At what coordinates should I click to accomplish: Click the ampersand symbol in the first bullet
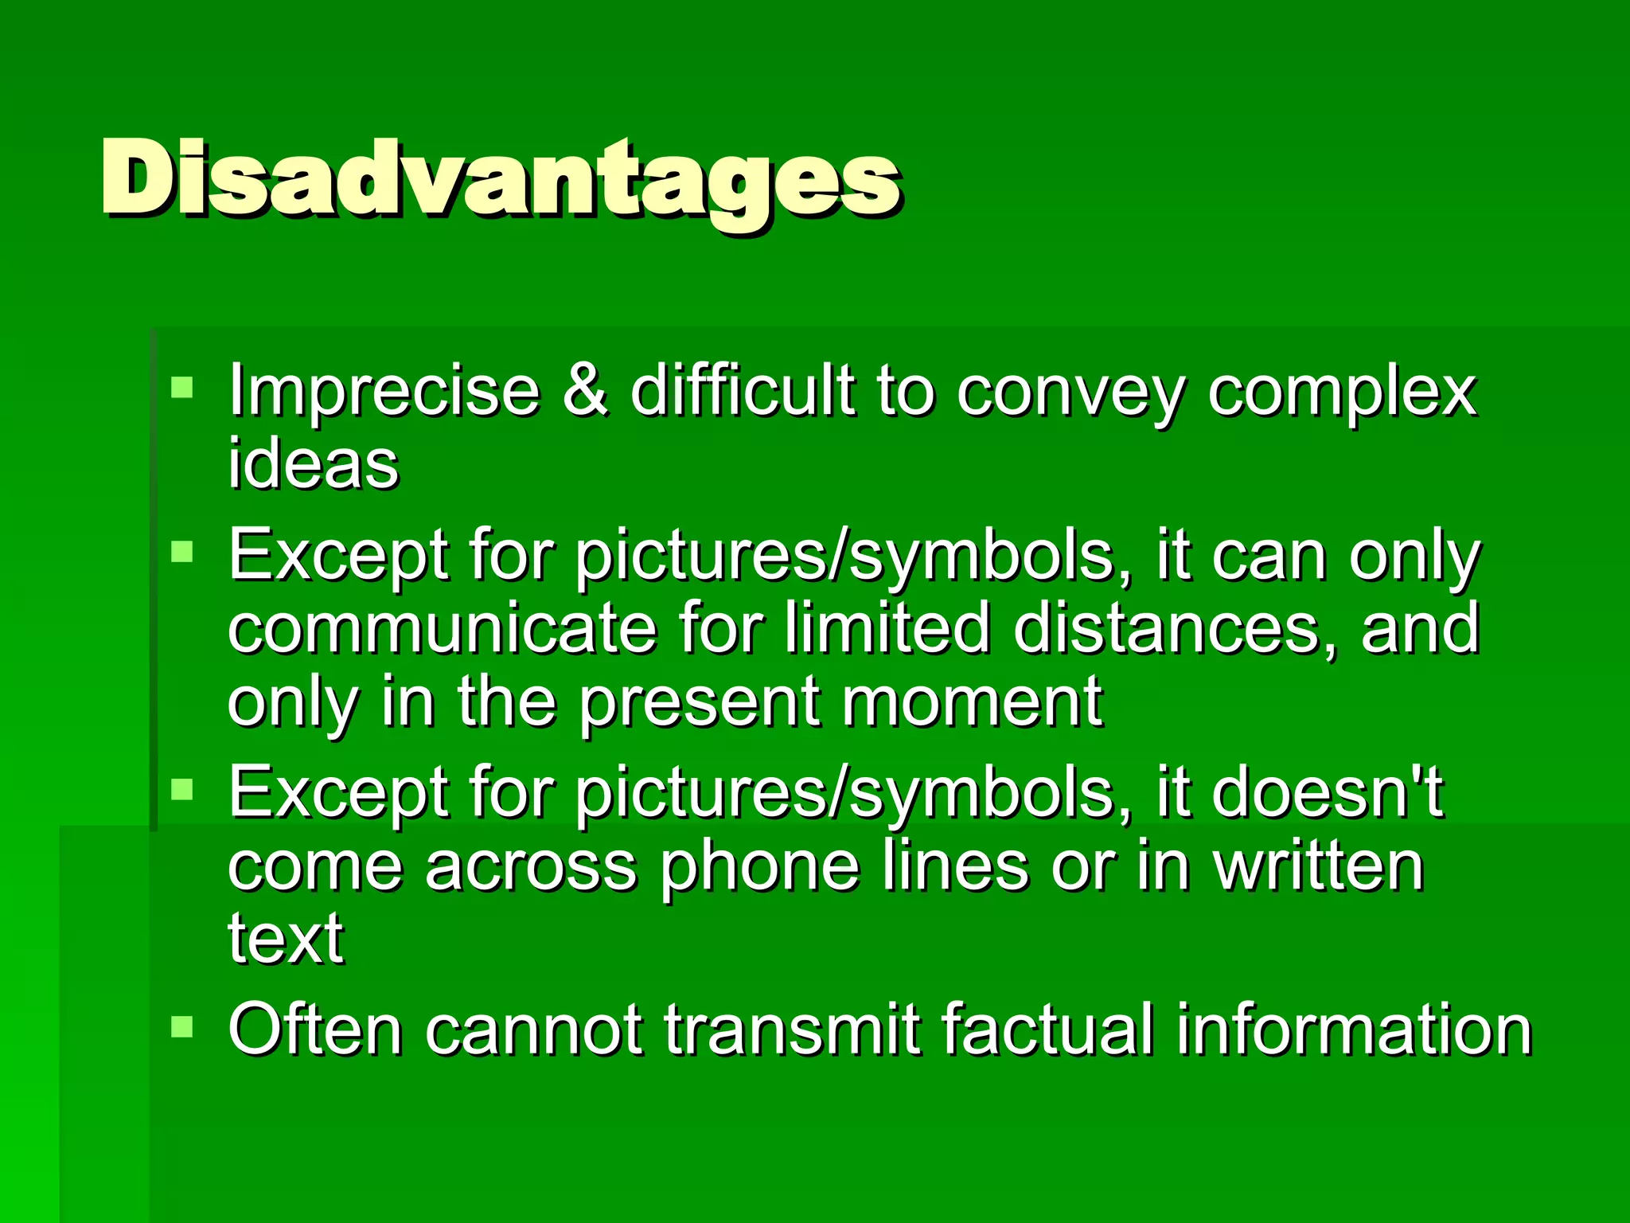586,391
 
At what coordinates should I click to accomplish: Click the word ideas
313,463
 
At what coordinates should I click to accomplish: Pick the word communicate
443,628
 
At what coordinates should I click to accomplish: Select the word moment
972,701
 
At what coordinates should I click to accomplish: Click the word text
286,939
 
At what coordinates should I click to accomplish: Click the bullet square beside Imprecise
182,387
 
